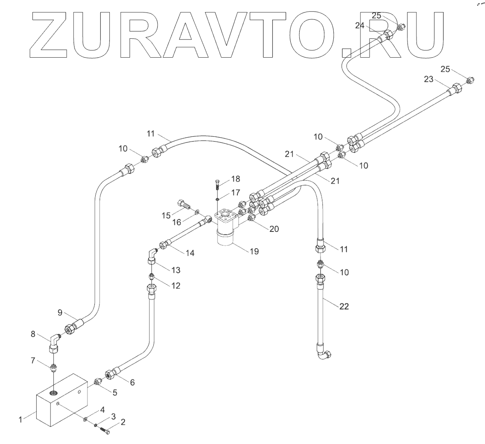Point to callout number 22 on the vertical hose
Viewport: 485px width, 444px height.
(344, 306)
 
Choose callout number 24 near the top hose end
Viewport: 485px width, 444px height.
(360, 25)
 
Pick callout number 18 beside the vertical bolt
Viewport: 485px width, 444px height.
(236, 179)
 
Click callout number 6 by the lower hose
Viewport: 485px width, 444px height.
(132, 382)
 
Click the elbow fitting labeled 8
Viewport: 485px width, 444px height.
(55, 343)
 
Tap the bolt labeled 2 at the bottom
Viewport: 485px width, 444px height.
(106, 429)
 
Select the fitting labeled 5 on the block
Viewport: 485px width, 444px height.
(98, 381)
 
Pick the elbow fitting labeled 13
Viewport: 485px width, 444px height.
(152, 256)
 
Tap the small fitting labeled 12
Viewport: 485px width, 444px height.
(152, 276)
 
